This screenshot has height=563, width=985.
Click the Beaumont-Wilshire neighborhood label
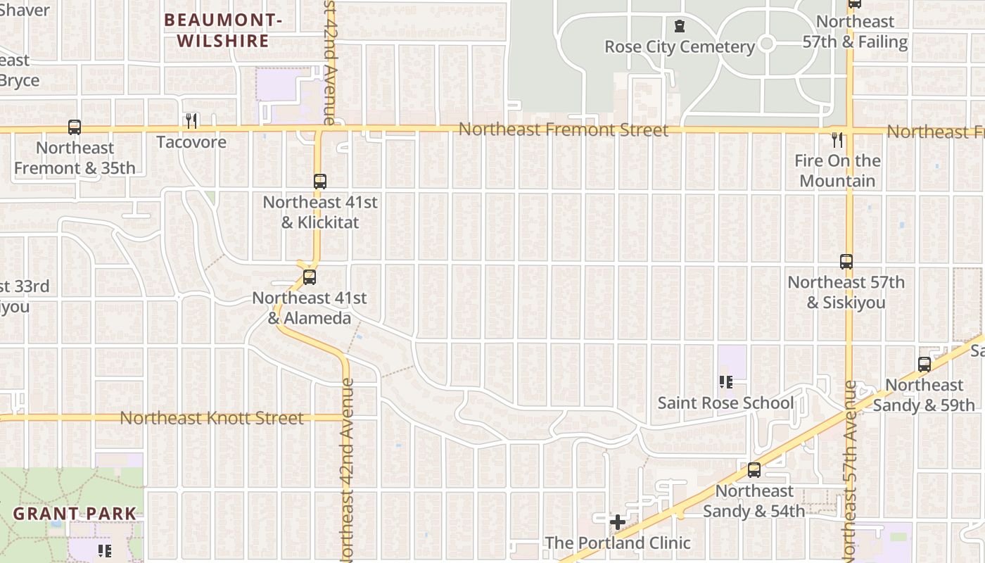pyautogui.click(x=223, y=31)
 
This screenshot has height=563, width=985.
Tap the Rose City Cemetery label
pyautogui.click(x=680, y=47)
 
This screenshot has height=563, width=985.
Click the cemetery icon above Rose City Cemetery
pyautogui.click(x=679, y=26)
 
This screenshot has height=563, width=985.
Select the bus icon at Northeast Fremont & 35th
pyautogui.click(x=75, y=127)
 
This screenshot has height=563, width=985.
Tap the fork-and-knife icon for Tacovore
pyautogui.click(x=191, y=121)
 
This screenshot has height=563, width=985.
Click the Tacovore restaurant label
pyautogui.click(x=191, y=142)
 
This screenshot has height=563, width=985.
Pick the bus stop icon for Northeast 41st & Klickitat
pyautogui.click(x=320, y=182)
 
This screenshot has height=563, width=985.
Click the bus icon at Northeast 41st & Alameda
pyautogui.click(x=310, y=277)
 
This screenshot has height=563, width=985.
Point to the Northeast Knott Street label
pyautogui.click(x=212, y=418)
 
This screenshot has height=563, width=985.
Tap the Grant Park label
pyautogui.click(x=75, y=513)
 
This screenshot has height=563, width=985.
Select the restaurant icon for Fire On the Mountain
pyautogui.click(x=837, y=139)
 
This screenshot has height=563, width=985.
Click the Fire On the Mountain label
pyautogui.click(x=837, y=171)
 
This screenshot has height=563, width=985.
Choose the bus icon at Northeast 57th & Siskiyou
pyautogui.click(x=846, y=262)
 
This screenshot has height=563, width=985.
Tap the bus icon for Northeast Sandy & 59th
pyautogui.click(x=924, y=365)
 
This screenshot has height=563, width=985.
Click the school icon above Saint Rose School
pyautogui.click(x=725, y=382)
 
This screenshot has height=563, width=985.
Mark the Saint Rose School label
pyautogui.click(x=725, y=403)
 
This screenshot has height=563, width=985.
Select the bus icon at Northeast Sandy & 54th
pyautogui.click(x=754, y=470)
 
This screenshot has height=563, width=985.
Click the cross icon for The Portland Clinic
pyautogui.click(x=618, y=522)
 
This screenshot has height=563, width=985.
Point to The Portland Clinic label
pyautogui.click(x=618, y=543)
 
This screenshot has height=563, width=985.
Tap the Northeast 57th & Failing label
pyautogui.click(x=855, y=32)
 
